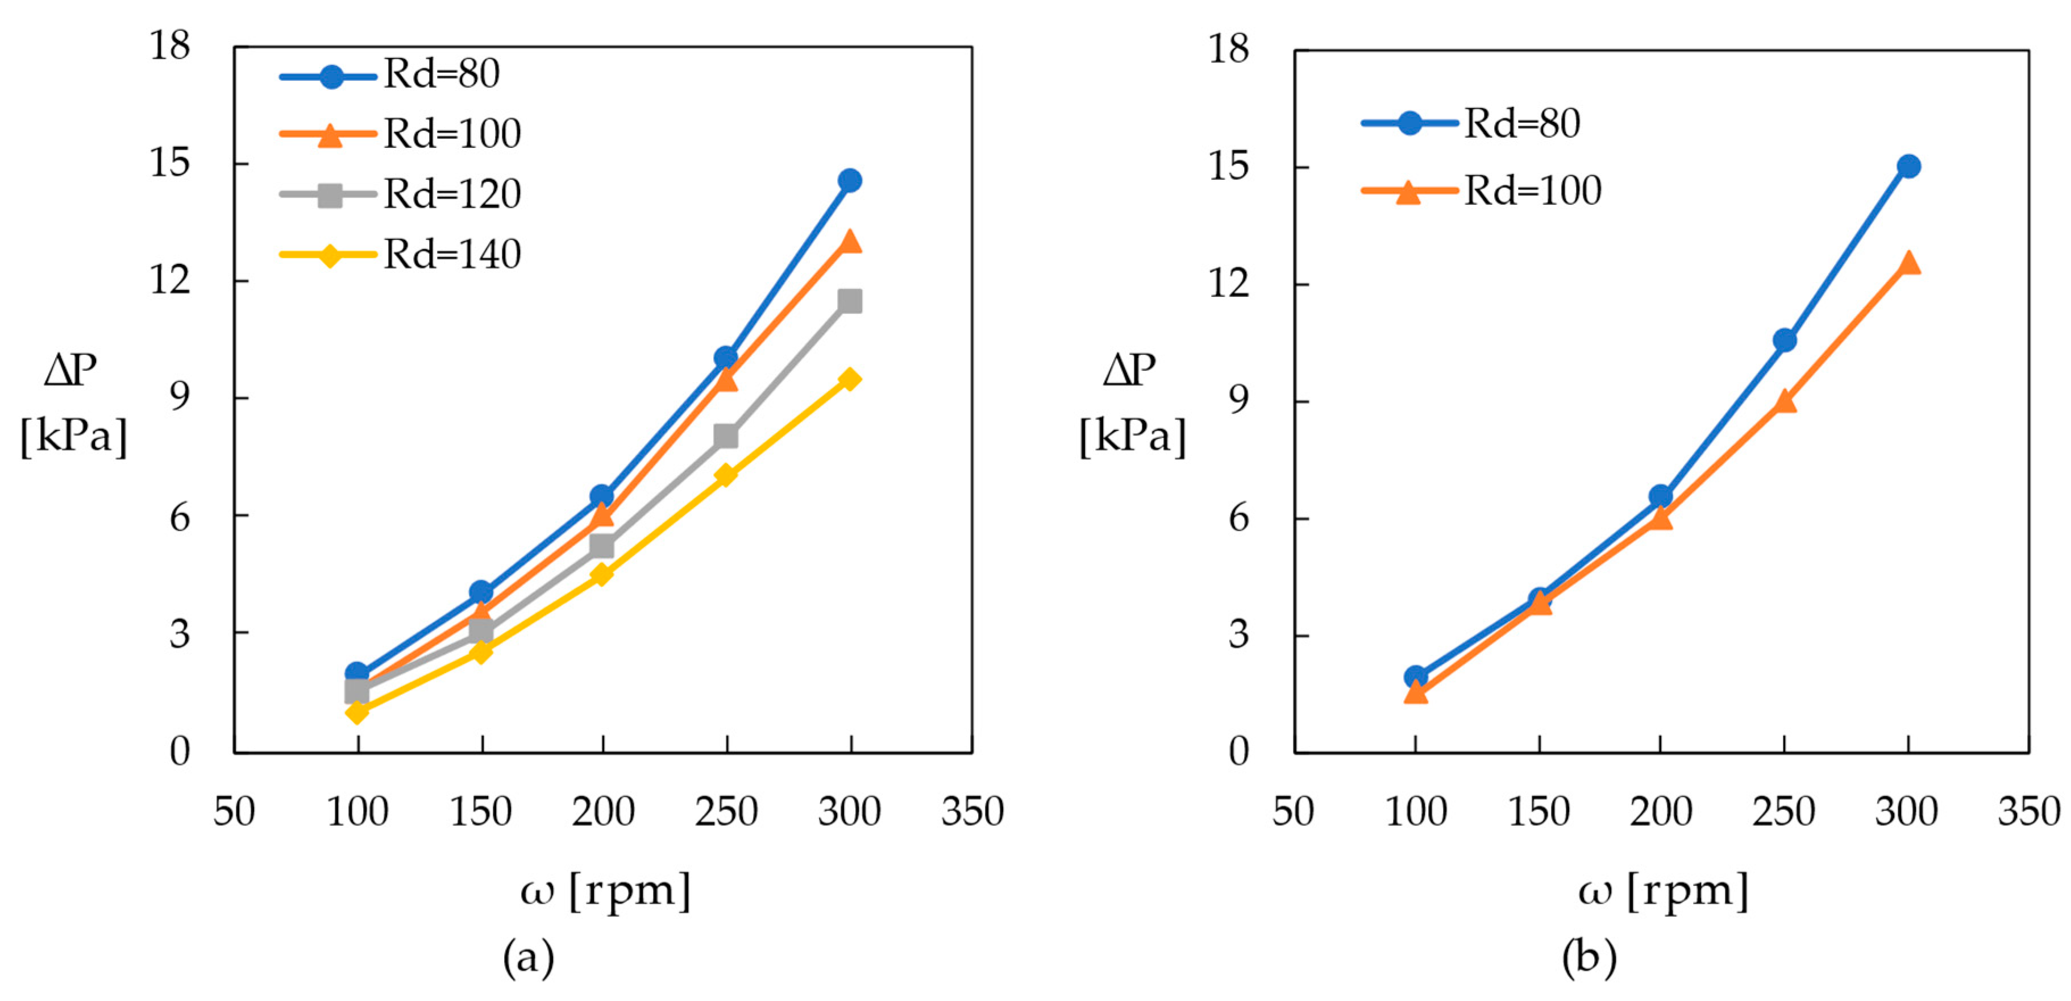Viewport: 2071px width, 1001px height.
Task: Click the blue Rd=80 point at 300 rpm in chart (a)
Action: pyautogui.click(x=850, y=181)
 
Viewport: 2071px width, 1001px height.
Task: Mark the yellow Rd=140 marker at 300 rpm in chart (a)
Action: pyautogui.click(x=850, y=380)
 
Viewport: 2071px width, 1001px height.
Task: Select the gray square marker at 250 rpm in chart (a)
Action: pyautogui.click(x=726, y=437)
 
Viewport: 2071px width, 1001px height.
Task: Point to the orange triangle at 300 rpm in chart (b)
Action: pyautogui.click(x=1908, y=264)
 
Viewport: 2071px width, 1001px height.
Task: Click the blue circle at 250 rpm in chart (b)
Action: pyautogui.click(x=1785, y=340)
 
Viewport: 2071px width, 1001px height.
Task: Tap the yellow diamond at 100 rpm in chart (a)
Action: pyautogui.click(x=357, y=712)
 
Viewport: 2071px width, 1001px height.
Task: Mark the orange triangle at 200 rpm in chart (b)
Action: pyautogui.click(x=1661, y=518)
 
